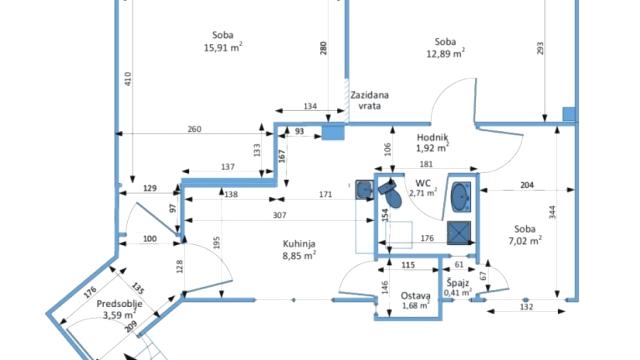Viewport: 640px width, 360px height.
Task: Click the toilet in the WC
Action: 391,193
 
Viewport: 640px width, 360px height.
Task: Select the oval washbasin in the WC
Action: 461,198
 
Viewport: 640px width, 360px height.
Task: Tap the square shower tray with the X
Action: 459,233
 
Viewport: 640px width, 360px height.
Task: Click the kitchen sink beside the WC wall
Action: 364,189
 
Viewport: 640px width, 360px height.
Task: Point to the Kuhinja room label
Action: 299,244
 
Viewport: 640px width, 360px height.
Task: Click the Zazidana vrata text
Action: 369,100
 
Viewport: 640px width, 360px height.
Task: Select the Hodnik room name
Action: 433,138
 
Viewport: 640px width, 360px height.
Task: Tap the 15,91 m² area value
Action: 223,47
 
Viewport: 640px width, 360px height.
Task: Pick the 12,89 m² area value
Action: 445,53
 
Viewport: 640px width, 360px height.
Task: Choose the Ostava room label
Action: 416,296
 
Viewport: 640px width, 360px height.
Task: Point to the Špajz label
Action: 458,283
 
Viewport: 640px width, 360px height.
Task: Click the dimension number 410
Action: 128,78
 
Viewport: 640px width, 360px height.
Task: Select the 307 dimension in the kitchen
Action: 279,215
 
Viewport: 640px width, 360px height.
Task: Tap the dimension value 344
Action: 552,212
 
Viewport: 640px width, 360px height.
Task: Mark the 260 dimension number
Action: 194,129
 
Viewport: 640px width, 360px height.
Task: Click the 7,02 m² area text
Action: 525,241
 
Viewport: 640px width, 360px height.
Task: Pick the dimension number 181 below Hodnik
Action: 426,164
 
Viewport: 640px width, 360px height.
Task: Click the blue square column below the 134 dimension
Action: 333,132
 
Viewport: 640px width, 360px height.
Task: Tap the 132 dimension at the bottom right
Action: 527,307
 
